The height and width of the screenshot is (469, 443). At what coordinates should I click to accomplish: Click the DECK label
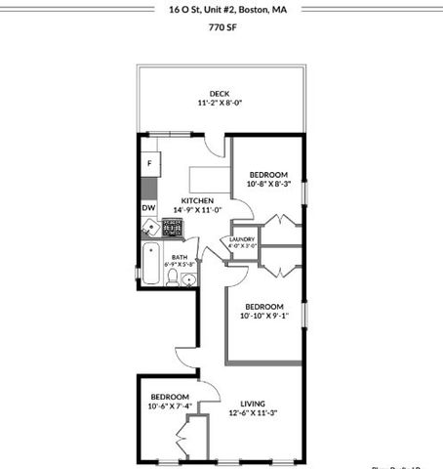[219, 94]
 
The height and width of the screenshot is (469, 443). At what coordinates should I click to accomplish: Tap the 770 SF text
[221, 28]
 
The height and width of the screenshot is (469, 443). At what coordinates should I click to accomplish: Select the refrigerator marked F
[150, 163]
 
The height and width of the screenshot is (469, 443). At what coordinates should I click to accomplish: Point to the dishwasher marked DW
[148, 208]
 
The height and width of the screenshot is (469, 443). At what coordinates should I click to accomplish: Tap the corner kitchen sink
[150, 229]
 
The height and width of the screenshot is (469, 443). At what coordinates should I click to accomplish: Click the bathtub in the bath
[149, 265]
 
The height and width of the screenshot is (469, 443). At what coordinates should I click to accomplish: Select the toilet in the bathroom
[173, 279]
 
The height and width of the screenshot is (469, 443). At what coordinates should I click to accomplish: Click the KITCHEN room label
[184, 200]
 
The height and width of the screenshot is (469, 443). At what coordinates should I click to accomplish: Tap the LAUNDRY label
[242, 239]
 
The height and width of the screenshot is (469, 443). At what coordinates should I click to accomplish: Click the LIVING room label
[254, 401]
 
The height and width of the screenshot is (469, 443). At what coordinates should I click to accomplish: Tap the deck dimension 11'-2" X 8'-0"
[219, 104]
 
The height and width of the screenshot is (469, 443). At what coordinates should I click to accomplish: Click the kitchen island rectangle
[207, 177]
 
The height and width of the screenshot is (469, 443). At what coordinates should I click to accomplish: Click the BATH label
[181, 257]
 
